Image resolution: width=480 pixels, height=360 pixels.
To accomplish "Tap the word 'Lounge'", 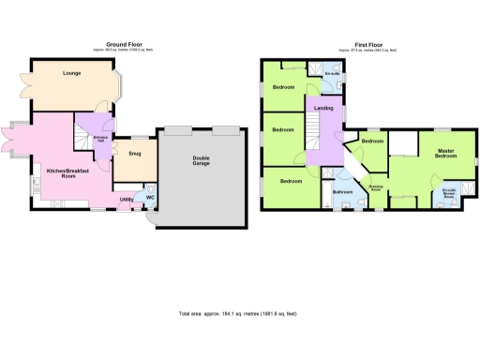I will point(71,73).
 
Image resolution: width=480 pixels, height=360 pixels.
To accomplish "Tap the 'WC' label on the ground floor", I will point(150,197).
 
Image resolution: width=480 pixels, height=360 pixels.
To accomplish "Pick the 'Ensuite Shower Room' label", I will point(449,196).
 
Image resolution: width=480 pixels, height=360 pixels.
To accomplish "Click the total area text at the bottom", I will point(240,312).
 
